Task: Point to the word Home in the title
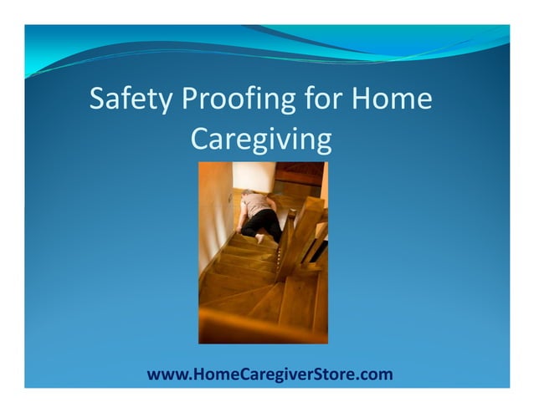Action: pos(393,99)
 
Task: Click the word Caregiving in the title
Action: pos(261,139)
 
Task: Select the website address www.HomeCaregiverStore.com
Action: pos(270,374)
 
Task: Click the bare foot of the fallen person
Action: pos(259,238)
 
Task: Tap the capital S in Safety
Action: pos(98,99)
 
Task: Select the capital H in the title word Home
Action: pos(361,99)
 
